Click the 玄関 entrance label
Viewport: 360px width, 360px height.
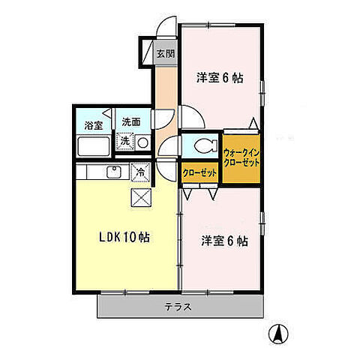(x=165, y=53)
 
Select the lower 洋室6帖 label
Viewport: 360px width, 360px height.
(x=224, y=241)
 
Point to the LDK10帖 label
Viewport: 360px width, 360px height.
(x=124, y=237)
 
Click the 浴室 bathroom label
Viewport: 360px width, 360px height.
(x=94, y=124)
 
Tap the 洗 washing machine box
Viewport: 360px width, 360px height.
(x=126, y=141)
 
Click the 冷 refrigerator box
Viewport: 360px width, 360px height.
(x=139, y=172)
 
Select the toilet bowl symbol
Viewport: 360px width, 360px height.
(x=206, y=146)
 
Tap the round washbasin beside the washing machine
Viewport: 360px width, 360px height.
(x=142, y=141)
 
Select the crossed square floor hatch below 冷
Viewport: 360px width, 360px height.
(x=139, y=197)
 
